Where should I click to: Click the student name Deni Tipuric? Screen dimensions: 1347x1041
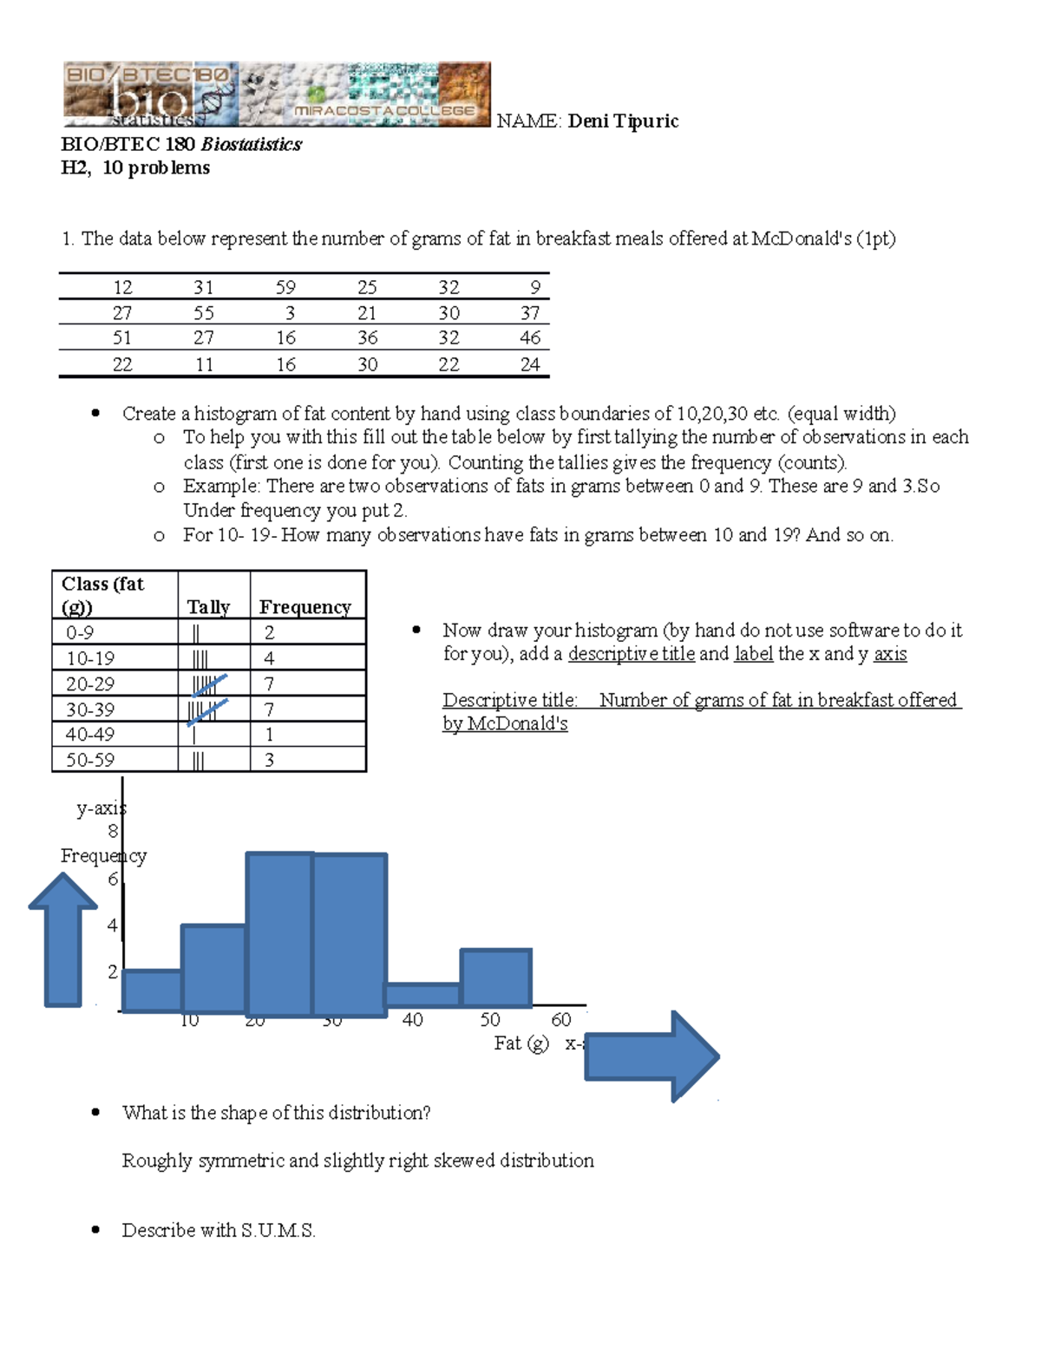point(623,121)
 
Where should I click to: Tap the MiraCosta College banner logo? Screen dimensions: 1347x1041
point(277,95)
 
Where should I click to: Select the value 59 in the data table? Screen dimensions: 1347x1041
point(285,288)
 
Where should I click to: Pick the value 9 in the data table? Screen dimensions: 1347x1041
point(535,288)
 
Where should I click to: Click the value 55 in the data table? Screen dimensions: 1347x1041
point(204,313)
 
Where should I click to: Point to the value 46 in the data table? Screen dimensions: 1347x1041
point(530,338)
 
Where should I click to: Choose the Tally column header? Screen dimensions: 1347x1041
point(208,607)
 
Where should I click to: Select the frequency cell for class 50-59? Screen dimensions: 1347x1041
point(270,760)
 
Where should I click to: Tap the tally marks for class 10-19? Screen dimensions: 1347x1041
point(199,659)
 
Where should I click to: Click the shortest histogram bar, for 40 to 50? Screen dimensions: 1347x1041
point(422,995)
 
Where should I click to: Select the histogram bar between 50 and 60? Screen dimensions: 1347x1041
point(495,978)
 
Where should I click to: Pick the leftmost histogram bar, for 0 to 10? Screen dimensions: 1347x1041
point(152,991)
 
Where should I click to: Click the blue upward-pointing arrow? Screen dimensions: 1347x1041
point(63,938)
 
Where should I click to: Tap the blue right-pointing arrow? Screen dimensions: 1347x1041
point(651,1056)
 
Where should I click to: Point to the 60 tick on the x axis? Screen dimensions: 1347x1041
point(561,1020)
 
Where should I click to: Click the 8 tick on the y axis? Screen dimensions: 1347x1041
point(113,831)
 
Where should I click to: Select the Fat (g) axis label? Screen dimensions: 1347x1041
point(521,1043)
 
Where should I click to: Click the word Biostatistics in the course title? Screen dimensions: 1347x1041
point(252,145)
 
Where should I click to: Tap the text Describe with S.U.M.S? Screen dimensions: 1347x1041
point(219,1230)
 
